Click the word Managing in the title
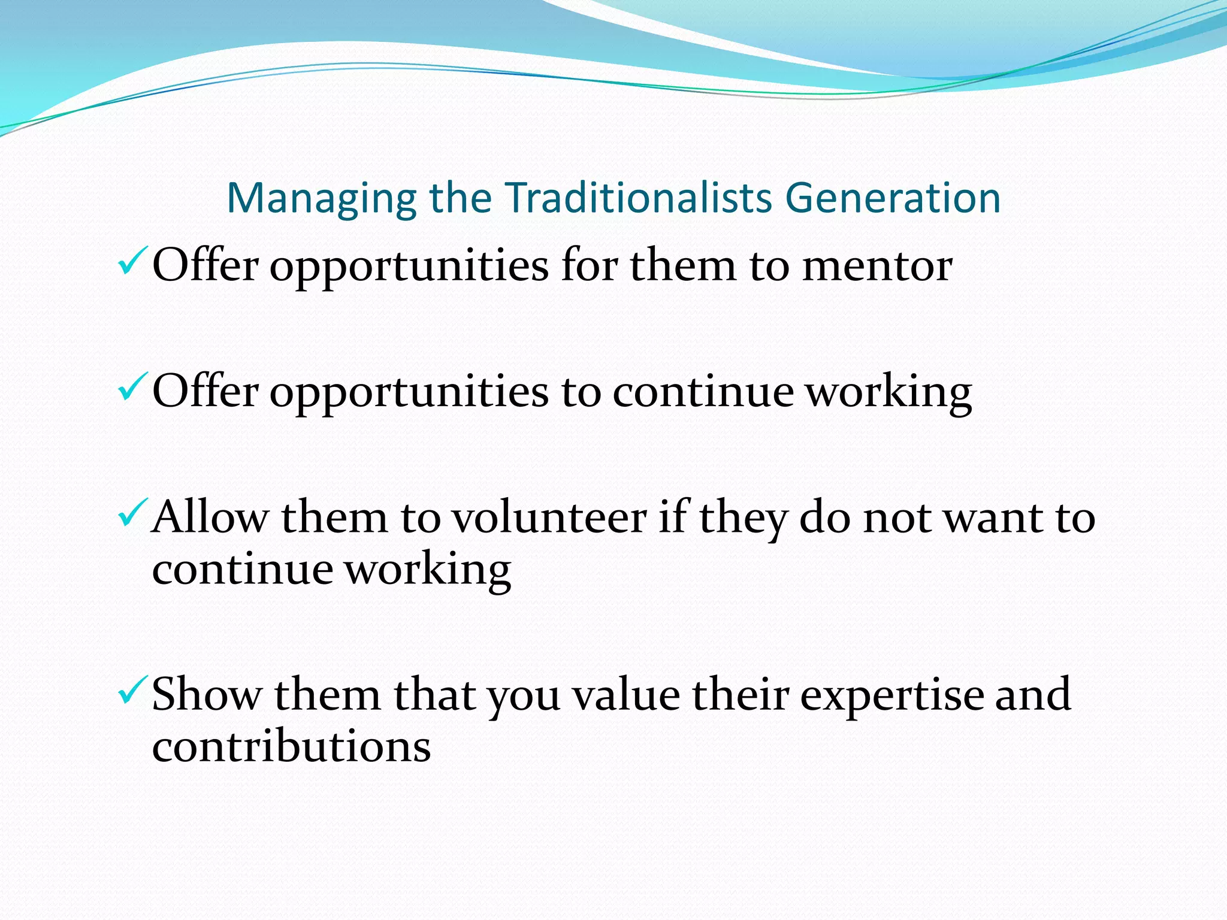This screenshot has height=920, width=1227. pyautogui.click(x=321, y=199)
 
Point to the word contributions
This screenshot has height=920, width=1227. pyautogui.click(x=291, y=747)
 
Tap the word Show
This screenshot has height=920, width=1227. pyautogui.click(x=207, y=695)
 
